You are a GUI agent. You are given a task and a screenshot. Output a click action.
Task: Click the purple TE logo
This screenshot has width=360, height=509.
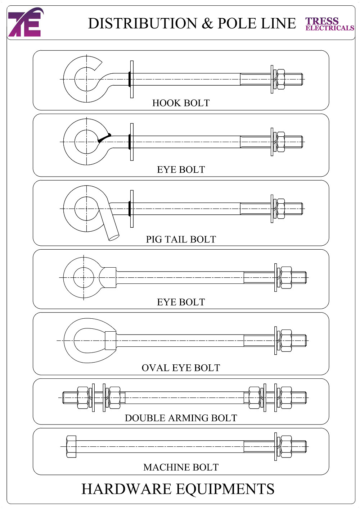point(24,22)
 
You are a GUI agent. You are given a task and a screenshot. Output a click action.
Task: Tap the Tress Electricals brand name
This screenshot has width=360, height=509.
point(329,24)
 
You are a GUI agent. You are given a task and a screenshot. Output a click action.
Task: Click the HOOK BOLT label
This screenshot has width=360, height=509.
point(181,103)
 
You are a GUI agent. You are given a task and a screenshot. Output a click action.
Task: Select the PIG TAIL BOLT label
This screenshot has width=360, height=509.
point(181,239)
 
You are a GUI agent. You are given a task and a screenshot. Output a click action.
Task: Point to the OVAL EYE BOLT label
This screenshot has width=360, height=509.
point(181,368)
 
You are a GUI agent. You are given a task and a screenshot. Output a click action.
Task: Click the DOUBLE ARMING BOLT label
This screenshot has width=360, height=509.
point(181,418)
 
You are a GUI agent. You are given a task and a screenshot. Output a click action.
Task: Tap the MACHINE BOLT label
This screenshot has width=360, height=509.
point(181,467)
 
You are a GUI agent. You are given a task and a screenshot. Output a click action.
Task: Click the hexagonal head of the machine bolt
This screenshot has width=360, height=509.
point(71,447)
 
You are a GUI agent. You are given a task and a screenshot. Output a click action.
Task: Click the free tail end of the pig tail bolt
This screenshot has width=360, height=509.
point(113,237)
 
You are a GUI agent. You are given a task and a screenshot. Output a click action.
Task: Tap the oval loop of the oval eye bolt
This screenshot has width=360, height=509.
point(68,341)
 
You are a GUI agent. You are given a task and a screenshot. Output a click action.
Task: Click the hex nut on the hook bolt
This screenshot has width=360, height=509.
point(281,79)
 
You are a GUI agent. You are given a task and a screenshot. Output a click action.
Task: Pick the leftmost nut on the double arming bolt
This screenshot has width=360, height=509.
point(83,397)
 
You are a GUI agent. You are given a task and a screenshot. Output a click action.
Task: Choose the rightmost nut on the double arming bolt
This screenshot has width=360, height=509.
point(286,397)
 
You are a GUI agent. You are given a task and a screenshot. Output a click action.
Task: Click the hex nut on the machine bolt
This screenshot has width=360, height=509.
point(286,447)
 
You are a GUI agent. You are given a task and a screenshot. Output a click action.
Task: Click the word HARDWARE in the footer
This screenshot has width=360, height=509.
point(126,489)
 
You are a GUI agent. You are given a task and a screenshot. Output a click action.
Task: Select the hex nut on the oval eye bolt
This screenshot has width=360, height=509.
point(286,341)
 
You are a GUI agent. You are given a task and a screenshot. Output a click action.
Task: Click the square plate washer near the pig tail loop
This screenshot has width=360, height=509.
point(132,209)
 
